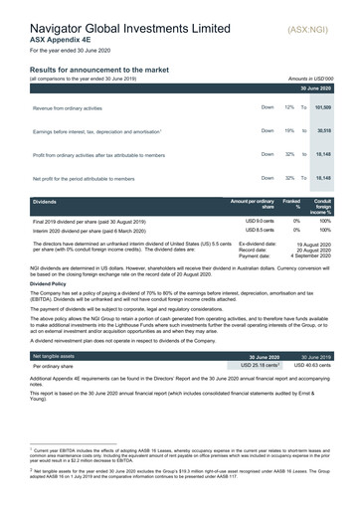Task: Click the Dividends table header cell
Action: [x=47, y=202]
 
